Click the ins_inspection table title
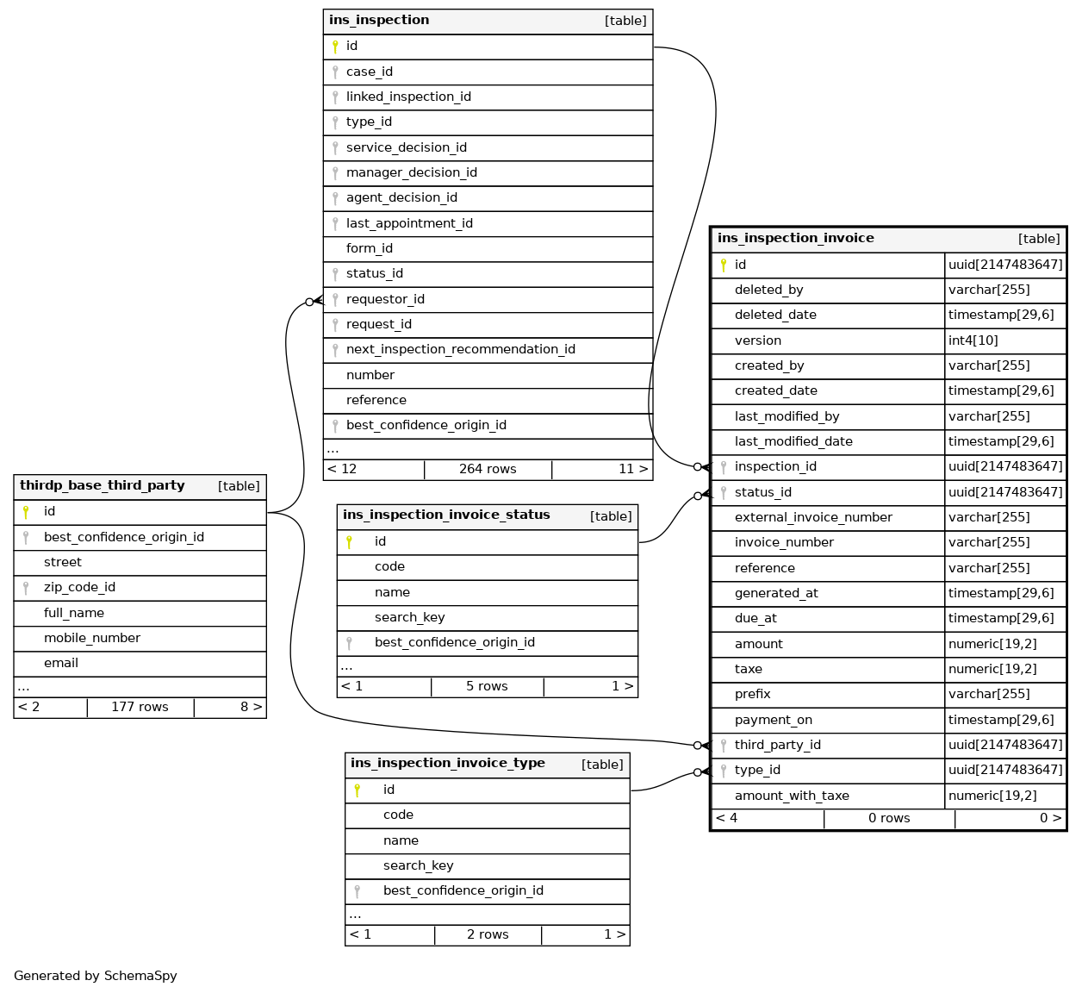pyautogui.click(x=379, y=21)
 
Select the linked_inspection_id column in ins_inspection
pyautogui.click(x=408, y=97)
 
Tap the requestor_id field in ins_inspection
pyautogui.click(x=385, y=299)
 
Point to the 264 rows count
pyautogui.click(x=488, y=469)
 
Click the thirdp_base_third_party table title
pyautogui.click(x=103, y=485)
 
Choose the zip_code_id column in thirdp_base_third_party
pyautogui.click(x=79, y=587)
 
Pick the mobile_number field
pyautogui.click(x=92, y=638)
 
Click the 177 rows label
pyautogui.click(x=140, y=707)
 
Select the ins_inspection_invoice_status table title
pyautogui.click(x=446, y=515)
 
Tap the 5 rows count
pyautogui.click(x=487, y=686)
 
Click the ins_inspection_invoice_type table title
pyautogui.click(x=448, y=763)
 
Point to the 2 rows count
pyautogui.click(x=488, y=934)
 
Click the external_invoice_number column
pyautogui.click(x=813, y=517)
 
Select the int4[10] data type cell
pyautogui.click(x=973, y=340)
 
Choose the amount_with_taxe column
pyautogui.click(x=792, y=796)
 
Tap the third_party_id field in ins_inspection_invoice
pyautogui.click(x=777, y=745)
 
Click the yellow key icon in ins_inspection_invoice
pyautogui.click(x=724, y=265)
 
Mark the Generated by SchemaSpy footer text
pyautogui.click(x=96, y=976)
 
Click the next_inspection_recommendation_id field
pyautogui.click(x=460, y=349)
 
